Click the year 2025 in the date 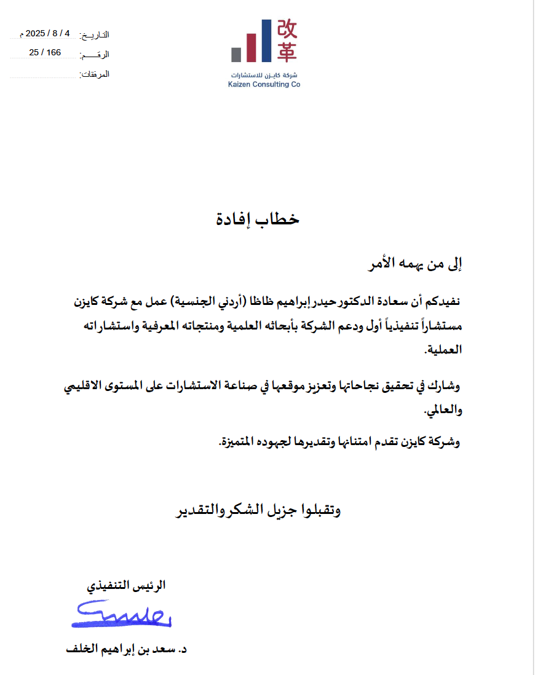click(36, 33)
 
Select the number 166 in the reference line click(54, 53)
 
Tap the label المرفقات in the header click(95, 75)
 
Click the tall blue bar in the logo click(266, 41)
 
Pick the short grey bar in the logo click(236, 54)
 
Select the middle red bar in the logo click(251, 47)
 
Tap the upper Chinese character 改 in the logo click(287, 28)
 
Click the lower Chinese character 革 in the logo click(287, 52)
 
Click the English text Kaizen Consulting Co click(264, 85)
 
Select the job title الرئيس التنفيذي click(126, 586)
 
